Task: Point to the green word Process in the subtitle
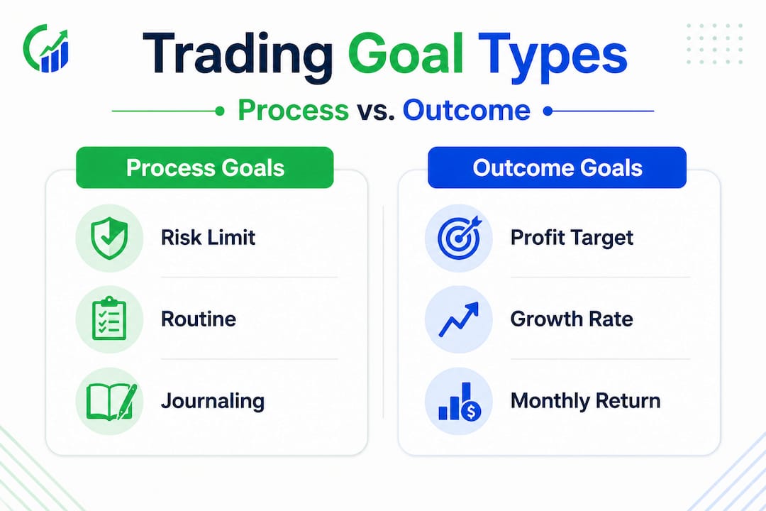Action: point(293,111)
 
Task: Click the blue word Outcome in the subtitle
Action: point(466,111)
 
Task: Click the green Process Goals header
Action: point(204,168)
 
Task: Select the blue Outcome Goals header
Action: point(557,168)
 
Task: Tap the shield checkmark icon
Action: point(109,238)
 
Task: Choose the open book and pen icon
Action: point(109,401)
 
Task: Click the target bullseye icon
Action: point(458,238)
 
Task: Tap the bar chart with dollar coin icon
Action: point(458,401)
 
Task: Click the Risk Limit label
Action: point(209,237)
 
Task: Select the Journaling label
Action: point(213,401)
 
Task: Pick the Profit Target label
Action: point(572,237)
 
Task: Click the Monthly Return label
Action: point(585,400)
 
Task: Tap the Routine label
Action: point(199,319)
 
